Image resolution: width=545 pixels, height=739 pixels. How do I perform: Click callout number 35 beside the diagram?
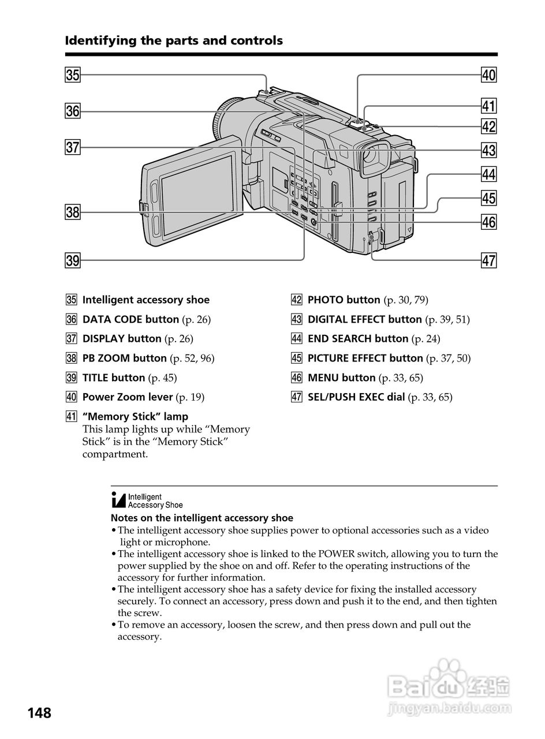point(72,75)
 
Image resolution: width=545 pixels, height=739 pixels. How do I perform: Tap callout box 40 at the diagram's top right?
point(488,75)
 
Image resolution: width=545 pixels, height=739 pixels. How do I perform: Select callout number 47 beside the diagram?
point(488,260)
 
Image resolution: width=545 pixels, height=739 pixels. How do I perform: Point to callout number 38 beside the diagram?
point(72,212)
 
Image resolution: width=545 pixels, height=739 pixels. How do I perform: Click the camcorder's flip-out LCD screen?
point(197,197)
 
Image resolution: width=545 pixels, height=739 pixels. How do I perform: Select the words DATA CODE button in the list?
point(130,319)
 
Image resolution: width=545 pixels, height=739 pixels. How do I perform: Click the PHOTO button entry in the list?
point(344,300)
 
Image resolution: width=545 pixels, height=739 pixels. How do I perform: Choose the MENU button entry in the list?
point(341,378)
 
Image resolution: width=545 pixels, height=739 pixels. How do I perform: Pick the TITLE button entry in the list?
point(113,378)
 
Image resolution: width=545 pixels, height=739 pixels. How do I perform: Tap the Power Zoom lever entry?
point(127,397)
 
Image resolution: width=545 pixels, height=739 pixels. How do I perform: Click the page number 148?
point(39,713)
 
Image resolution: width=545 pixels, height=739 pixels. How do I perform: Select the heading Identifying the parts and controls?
point(174,40)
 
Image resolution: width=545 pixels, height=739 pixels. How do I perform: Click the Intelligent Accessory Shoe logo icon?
point(147,500)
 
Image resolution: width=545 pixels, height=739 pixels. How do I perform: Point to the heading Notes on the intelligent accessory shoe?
point(201,518)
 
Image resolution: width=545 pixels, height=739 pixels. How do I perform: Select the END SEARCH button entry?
point(357,339)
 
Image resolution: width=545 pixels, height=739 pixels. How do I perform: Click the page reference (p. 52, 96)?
point(192,359)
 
